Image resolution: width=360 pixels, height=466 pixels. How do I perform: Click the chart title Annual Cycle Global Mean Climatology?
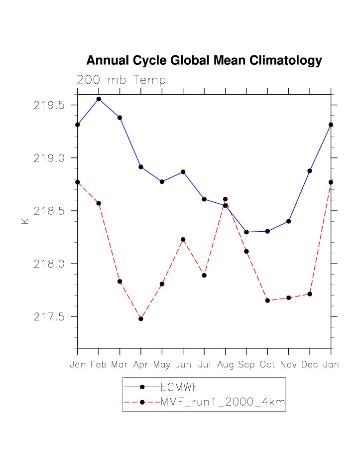click(x=204, y=61)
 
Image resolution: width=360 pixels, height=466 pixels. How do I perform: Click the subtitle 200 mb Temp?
click(x=121, y=80)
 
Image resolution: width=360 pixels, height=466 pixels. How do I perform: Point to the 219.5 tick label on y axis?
click(x=49, y=105)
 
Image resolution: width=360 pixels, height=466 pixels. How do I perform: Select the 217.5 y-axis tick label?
click(x=49, y=316)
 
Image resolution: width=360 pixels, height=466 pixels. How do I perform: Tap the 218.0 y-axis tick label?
click(x=49, y=264)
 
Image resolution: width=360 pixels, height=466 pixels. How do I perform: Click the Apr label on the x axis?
click(x=141, y=365)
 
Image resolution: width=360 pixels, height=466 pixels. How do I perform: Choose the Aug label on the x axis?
click(x=226, y=365)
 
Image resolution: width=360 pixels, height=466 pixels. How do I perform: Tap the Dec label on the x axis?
click(x=310, y=365)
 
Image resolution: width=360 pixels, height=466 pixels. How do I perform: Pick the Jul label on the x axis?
click(x=204, y=365)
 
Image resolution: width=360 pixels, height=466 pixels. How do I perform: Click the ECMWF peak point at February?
click(x=99, y=99)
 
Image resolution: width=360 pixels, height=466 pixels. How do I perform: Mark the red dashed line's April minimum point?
click(x=141, y=318)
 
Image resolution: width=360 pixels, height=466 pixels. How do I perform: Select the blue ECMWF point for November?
click(x=289, y=221)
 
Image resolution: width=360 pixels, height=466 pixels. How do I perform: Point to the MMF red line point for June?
click(x=183, y=240)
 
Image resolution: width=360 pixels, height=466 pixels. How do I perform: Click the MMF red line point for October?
click(x=267, y=301)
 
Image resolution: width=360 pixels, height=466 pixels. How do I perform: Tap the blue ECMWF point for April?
click(x=141, y=167)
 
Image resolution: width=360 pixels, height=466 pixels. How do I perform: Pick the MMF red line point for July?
click(x=204, y=275)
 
